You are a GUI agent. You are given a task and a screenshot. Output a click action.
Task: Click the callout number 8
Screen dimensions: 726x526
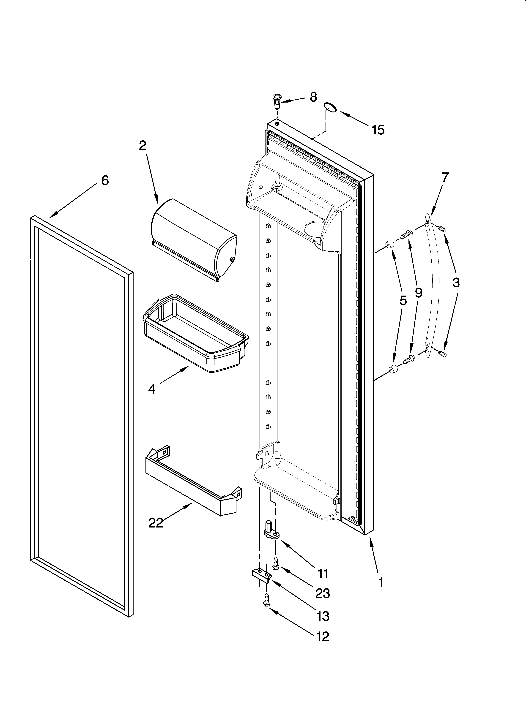pos(313,97)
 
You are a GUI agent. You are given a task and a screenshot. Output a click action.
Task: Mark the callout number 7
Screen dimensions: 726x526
pos(445,177)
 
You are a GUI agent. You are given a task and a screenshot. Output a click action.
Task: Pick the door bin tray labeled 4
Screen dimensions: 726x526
pos(195,333)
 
